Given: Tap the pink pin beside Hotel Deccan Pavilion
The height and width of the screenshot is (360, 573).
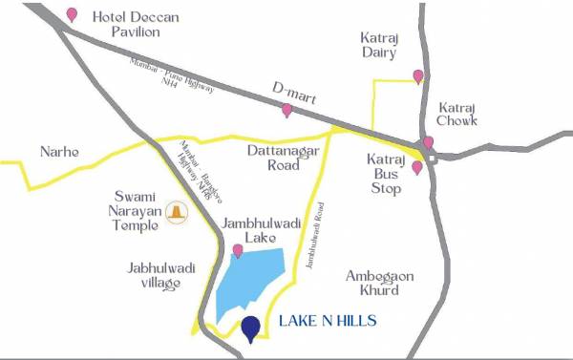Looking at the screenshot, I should [73, 15].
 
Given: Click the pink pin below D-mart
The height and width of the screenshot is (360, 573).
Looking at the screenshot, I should [286, 111].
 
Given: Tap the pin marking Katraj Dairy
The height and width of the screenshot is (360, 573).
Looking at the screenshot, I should [417, 76].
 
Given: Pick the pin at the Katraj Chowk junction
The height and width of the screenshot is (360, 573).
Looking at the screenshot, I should [428, 143].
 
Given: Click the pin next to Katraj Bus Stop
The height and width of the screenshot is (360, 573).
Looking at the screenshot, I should [417, 168].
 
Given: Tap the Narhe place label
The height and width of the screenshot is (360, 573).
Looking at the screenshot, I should [59, 152].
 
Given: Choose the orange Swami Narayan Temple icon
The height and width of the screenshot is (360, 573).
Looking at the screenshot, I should [176, 212].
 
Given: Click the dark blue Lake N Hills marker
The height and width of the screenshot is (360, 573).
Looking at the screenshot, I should [251, 328].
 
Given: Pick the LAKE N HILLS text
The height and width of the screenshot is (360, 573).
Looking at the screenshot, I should [328, 322].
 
